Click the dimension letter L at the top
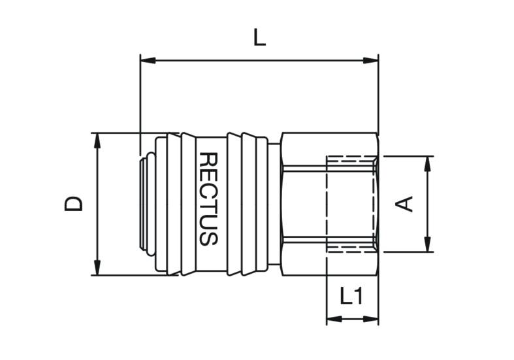pos(260,39)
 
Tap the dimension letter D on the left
pos(73,204)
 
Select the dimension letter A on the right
pos(404,204)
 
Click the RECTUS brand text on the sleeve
pos(208,199)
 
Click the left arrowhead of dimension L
pos(148,60)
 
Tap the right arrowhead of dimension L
pos(371,60)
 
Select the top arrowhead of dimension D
pos(97,140)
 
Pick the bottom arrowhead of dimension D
pos(97,267)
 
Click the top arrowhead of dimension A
pos(427,164)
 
